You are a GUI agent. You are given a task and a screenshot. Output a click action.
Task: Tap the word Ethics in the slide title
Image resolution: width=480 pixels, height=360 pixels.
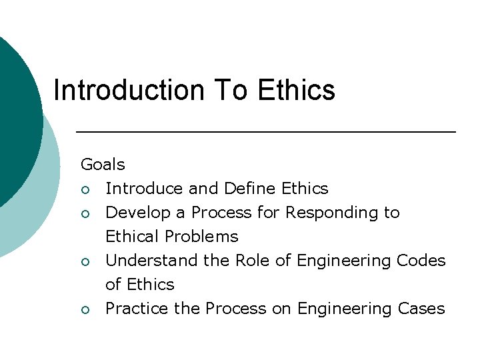tap(296, 90)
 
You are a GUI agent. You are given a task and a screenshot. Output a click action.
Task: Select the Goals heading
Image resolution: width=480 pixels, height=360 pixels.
tap(103, 164)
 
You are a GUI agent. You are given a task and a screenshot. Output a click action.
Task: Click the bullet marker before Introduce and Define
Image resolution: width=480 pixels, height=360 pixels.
tap(85, 189)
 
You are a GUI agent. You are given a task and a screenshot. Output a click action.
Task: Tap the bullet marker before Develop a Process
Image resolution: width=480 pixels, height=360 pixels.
tap(85, 213)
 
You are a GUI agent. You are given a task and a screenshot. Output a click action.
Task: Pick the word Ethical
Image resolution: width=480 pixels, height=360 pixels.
tap(133, 237)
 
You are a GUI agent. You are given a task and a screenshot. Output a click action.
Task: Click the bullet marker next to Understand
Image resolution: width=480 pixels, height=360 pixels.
tap(85, 261)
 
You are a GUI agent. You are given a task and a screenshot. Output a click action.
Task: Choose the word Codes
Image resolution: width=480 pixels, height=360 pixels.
tap(421, 261)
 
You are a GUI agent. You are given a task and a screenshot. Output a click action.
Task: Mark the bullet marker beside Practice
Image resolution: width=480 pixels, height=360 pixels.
tap(85, 309)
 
